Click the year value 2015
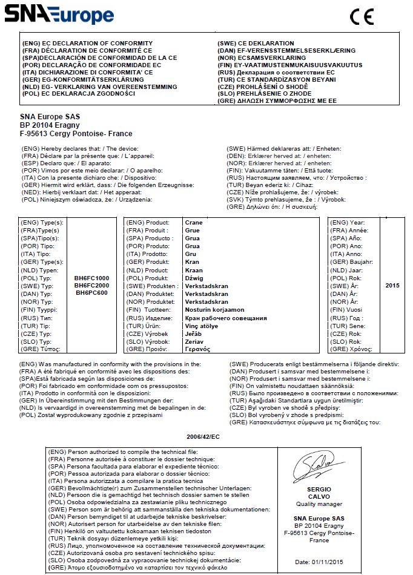coord(392,285)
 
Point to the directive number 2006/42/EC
coord(203,435)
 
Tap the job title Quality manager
coord(310,504)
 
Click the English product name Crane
coord(193,223)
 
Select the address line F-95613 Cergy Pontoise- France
coord(76,134)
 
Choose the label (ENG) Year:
coord(348,223)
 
